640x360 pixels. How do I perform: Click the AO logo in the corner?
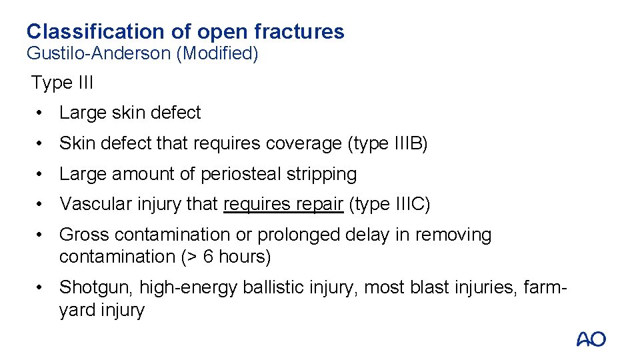point(591,339)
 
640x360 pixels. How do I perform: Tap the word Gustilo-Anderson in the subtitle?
point(99,53)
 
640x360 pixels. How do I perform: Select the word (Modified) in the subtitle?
point(217,53)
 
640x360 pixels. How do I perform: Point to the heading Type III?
point(62,83)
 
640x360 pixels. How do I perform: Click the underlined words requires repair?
point(283,204)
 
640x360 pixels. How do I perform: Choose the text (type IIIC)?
point(389,204)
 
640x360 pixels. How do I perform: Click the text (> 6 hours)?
point(230,256)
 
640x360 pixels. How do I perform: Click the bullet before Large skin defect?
point(41,113)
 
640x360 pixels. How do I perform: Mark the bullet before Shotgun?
point(41,287)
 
